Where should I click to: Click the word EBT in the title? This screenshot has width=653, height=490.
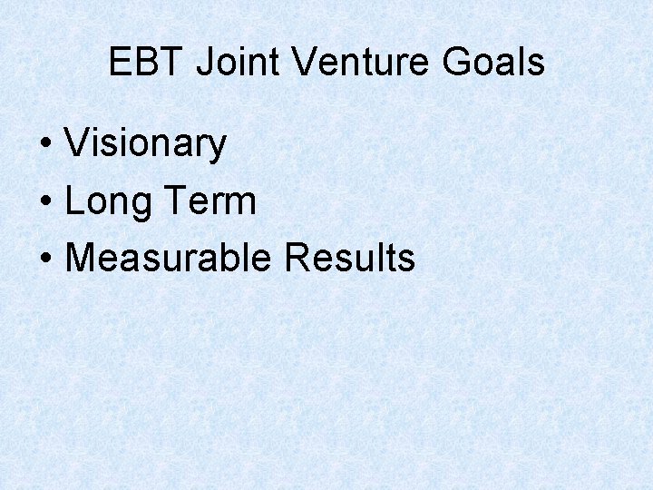click(x=147, y=63)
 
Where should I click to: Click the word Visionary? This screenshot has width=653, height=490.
click(x=145, y=143)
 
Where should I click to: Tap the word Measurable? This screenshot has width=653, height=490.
click(x=169, y=258)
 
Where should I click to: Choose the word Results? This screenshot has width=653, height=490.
click(x=349, y=258)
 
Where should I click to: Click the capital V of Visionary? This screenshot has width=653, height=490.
click(x=76, y=143)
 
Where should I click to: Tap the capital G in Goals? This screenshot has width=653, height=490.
click(x=457, y=63)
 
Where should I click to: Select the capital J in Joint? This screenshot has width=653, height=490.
click(x=204, y=63)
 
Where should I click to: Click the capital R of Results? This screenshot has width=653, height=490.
click(x=297, y=258)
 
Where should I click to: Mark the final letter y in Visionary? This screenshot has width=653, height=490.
click(x=218, y=148)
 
